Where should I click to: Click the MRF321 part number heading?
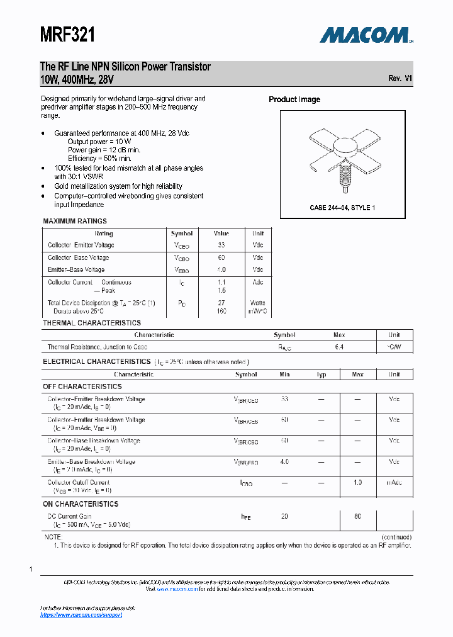[x=67, y=35]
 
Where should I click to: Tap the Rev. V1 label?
[x=400, y=79]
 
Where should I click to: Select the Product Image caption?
[x=294, y=99]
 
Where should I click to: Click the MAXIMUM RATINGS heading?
[x=75, y=221]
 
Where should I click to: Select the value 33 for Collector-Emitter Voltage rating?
[x=221, y=245]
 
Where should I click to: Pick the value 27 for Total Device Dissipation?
[x=221, y=303]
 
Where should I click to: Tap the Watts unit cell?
[x=258, y=303]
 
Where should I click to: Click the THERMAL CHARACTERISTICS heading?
[x=92, y=323]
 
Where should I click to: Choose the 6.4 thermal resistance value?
[x=339, y=347]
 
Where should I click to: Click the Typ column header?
[x=322, y=375]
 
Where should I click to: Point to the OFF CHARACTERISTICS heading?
[x=82, y=386]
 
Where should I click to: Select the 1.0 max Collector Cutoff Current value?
[x=357, y=482]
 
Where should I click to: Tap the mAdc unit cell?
[x=394, y=482]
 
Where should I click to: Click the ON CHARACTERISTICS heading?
[x=81, y=504]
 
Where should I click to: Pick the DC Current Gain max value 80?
[x=357, y=516]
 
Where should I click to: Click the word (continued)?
[x=396, y=537]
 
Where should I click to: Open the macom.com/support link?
[x=81, y=615]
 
